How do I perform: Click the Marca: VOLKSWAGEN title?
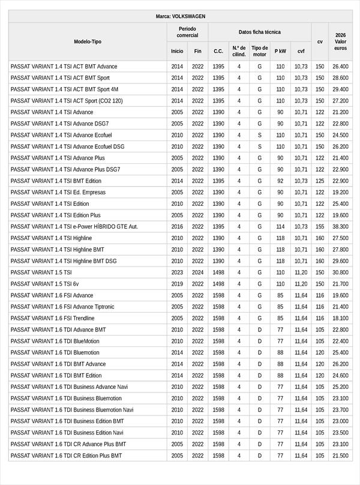click(180, 17)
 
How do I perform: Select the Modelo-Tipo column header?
click(88, 41)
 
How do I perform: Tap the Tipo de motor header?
click(260, 51)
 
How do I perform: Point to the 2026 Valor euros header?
click(340, 41)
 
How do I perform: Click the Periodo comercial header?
click(187, 32)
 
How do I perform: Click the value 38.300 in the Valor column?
click(340, 227)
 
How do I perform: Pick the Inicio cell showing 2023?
click(177, 273)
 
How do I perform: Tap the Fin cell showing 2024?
click(198, 273)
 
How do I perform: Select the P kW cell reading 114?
click(280, 227)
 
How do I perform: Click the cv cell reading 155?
click(320, 227)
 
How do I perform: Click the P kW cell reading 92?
click(280, 181)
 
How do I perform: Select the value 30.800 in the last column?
click(340, 273)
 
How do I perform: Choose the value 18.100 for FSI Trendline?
click(340, 318)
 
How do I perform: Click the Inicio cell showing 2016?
click(177, 227)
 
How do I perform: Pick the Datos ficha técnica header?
click(260, 32)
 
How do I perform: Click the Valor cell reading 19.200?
click(340, 193)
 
